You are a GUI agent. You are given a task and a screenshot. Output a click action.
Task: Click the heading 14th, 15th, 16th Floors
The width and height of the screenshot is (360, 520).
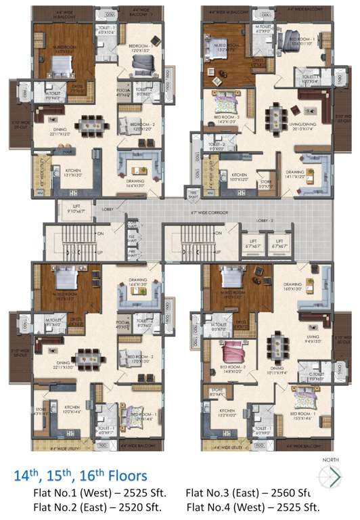(81, 477)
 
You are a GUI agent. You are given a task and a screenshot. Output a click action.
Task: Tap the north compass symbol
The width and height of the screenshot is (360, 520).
(332, 478)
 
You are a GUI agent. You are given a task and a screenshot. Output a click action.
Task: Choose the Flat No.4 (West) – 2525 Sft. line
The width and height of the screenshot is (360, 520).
(252, 506)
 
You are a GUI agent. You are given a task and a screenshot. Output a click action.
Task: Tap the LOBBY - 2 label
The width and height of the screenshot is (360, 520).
(265, 221)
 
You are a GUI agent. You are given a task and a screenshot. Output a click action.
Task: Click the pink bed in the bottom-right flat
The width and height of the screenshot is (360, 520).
(233, 353)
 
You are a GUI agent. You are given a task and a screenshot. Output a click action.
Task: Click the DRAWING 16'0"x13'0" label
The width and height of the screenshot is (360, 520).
(292, 286)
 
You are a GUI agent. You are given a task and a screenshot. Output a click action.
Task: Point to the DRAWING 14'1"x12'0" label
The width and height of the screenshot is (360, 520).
(294, 175)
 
